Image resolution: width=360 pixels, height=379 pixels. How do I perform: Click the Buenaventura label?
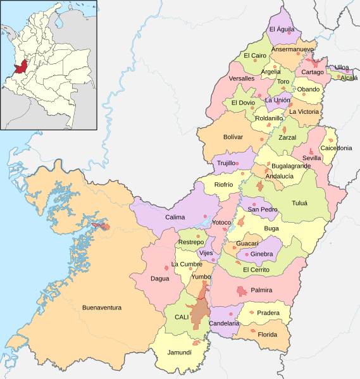pos(101,308)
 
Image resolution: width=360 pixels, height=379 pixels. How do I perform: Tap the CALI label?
pos(173,316)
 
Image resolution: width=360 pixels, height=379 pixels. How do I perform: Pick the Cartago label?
pos(312,72)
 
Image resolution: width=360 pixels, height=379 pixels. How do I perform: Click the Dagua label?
pos(160,276)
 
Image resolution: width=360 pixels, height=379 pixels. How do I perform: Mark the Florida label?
pos(267,334)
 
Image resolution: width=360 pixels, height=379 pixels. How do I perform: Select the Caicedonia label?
pos(336,147)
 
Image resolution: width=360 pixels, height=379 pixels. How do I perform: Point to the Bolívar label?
pos(233,137)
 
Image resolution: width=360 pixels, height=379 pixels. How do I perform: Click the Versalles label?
pos(241,78)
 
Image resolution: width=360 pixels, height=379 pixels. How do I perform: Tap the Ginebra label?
pos(261,254)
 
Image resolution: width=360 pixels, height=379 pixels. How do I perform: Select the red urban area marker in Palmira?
pos(241,291)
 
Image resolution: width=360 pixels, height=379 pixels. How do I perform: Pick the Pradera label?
pos(268,313)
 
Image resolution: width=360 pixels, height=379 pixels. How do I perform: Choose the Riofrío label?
pos(224,185)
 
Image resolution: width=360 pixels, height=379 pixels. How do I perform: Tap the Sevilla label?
pos(312,158)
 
